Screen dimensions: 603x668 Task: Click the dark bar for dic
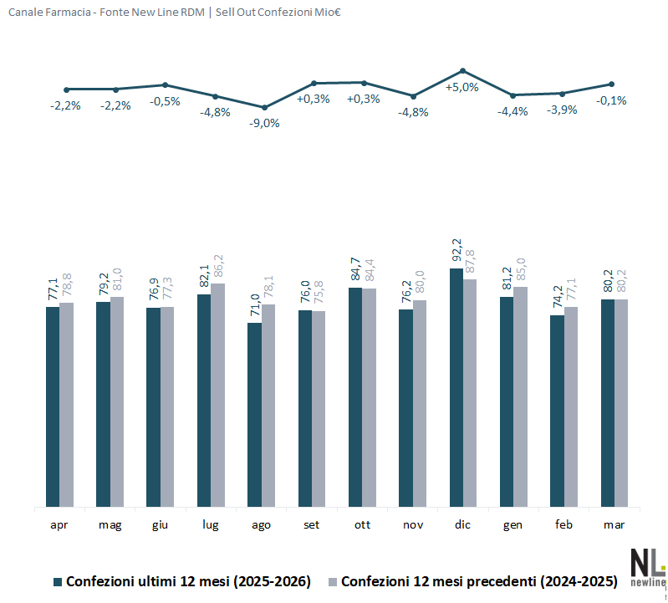456,387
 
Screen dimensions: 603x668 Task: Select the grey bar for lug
217,395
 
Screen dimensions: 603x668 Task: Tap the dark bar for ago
254,414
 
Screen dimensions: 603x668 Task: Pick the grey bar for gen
520,396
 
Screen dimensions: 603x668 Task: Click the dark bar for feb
558,411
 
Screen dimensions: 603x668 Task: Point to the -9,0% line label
265,123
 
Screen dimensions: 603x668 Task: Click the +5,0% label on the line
461,87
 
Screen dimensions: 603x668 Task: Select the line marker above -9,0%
265,107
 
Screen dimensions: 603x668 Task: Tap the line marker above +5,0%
462,70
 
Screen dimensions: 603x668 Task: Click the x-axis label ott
362,524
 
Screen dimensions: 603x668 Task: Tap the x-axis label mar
614,524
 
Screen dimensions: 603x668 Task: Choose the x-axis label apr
59,524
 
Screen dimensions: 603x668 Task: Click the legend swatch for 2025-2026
58,581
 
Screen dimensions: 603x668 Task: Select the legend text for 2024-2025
479,581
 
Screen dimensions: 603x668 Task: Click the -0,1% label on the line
611,100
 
